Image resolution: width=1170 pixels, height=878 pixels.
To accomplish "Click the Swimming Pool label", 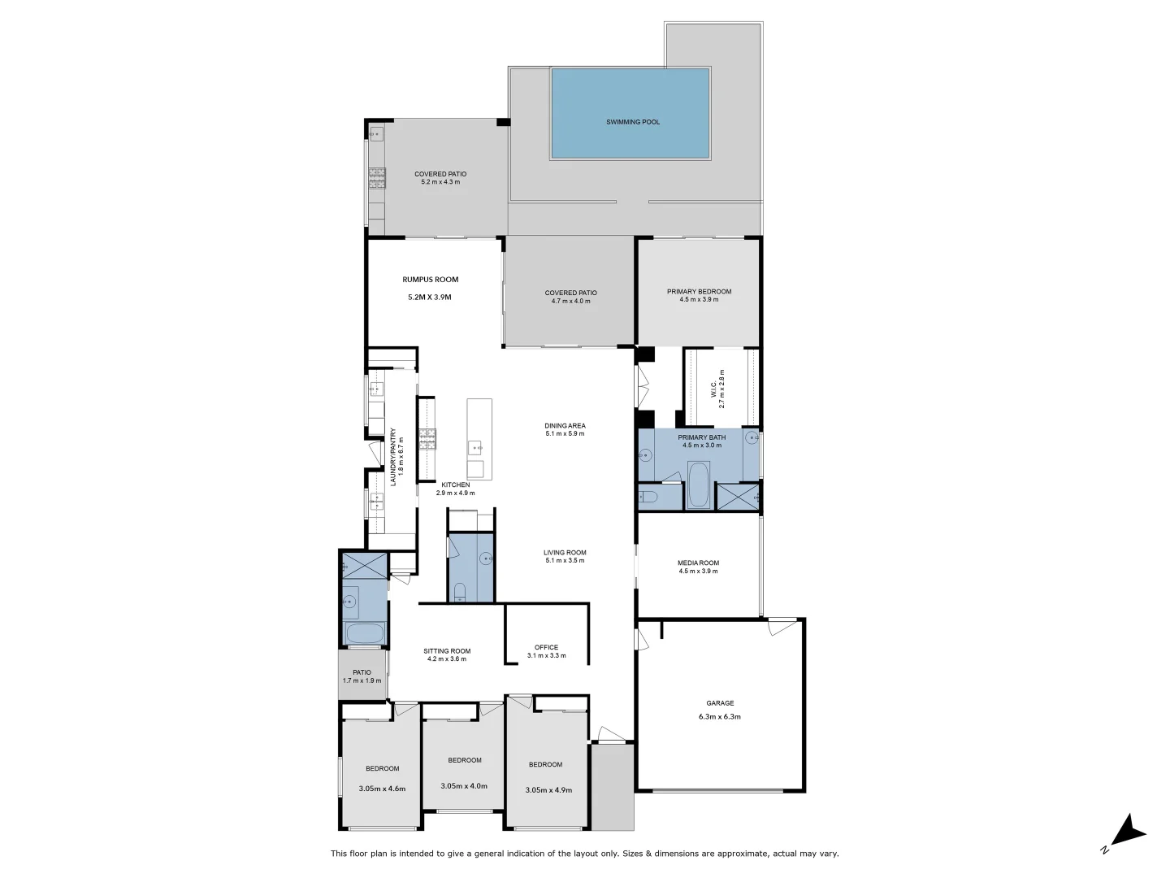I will tap(633, 122).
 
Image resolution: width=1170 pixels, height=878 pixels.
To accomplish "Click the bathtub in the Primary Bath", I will tap(698, 485).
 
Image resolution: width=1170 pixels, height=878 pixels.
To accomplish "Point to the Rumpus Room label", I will tap(430, 280).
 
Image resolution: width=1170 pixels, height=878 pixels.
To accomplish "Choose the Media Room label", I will tap(698, 563).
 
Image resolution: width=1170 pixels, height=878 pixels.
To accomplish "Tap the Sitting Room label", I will tap(447, 650).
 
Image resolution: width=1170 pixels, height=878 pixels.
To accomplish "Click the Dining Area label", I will tap(565, 425).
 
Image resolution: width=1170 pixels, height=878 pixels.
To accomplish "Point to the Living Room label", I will tap(565, 553).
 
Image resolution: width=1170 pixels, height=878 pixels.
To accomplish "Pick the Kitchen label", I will tap(455, 485).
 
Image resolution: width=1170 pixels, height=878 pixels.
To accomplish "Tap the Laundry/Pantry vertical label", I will tap(393, 457).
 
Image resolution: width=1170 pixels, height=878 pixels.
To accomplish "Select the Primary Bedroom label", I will tap(699, 292).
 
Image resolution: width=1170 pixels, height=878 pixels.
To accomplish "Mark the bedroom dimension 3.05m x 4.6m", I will tap(382, 789).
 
